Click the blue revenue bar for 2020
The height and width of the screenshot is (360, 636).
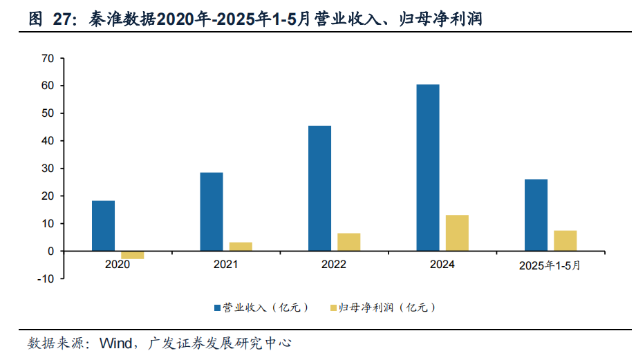(103, 226)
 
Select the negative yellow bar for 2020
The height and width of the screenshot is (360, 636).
(132, 255)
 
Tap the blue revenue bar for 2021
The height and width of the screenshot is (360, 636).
(212, 211)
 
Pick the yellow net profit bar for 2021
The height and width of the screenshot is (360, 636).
(241, 247)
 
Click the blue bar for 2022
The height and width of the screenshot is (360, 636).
(319, 188)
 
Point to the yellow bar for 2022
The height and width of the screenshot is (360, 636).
(348, 242)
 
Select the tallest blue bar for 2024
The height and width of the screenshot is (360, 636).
(428, 168)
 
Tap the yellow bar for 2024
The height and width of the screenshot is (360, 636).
(457, 233)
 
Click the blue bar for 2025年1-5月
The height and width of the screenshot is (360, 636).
(536, 215)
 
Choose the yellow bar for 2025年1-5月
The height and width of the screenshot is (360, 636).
(565, 240)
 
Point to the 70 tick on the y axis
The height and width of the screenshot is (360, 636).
(48, 58)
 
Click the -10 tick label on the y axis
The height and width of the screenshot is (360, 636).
(45, 278)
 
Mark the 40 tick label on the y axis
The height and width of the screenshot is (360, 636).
(48, 141)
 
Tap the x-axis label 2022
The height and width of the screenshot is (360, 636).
(334, 265)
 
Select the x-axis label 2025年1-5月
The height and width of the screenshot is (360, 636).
(550, 265)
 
